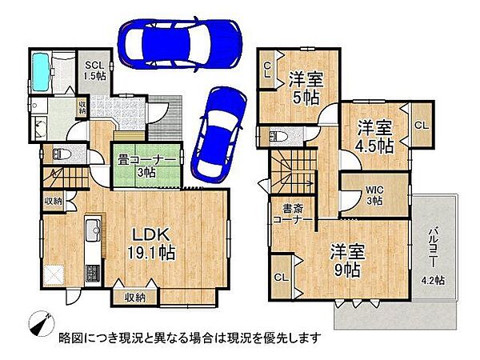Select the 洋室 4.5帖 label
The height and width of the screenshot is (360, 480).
[x=374, y=136]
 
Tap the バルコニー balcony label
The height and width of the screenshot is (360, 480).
[x=432, y=238]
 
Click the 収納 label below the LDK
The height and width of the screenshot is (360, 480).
[x=135, y=298]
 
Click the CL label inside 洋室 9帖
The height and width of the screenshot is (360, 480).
[x=282, y=277]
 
